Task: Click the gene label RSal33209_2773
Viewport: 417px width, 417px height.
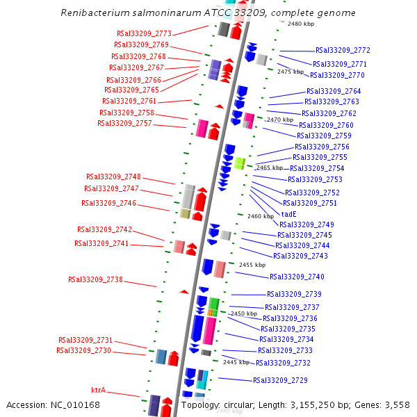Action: coord(144,33)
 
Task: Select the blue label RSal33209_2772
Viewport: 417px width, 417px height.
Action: coord(343,50)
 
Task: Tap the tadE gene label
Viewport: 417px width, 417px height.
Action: coord(289,214)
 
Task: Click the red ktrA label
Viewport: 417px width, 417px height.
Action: coord(99,391)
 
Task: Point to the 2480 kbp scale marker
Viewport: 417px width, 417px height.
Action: coord(301,24)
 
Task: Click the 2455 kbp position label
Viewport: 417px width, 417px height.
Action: coord(252,265)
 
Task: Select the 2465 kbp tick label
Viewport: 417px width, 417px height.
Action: coord(269,167)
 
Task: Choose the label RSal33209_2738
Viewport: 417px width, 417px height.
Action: coord(95,279)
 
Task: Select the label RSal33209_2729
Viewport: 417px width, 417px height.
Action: coord(280,380)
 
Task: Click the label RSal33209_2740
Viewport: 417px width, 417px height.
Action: coord(296,277)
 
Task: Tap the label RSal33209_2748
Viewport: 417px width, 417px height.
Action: coord(113,177)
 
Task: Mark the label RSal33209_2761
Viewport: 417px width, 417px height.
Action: coord(129,101)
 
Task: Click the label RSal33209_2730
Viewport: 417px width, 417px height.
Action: coord(83,350)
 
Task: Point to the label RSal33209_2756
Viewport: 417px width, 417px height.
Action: coord(322,147)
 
